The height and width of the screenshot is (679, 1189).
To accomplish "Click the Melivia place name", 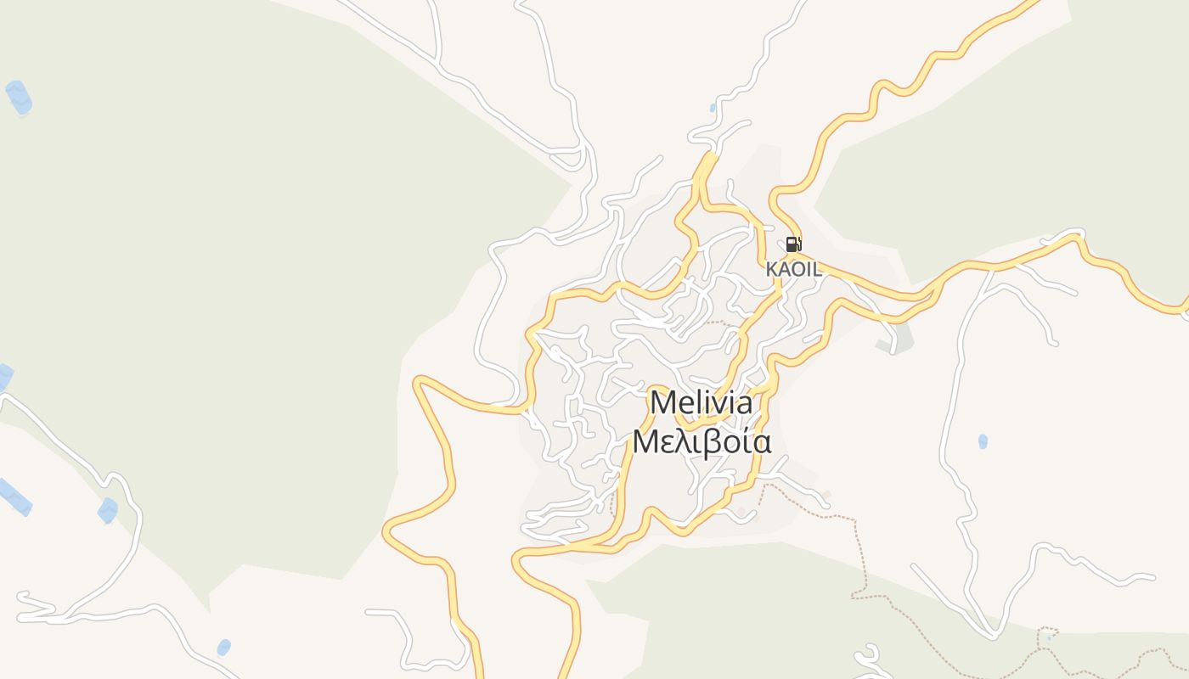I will (x=701, y=402).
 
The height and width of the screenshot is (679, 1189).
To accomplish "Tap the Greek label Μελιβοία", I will (x=702, y=442).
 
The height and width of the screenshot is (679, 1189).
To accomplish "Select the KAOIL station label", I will (x=793, y=269).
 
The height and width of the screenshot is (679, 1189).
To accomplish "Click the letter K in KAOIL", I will (x=771, y=269).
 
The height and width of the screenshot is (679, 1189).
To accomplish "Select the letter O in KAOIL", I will (x=796, y=269).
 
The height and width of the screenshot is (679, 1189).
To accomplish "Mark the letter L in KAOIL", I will (x=816, y=269).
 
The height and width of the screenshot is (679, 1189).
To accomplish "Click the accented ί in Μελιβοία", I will (x=748, y=442).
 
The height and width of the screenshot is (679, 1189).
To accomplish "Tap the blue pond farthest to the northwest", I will (x=19, y=97).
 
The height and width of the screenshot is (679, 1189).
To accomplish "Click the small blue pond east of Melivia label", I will (x=983, y=441).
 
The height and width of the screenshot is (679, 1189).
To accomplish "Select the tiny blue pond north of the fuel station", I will (x=713, y=108).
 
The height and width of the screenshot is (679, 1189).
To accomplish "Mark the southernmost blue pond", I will (x=223, y=648).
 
